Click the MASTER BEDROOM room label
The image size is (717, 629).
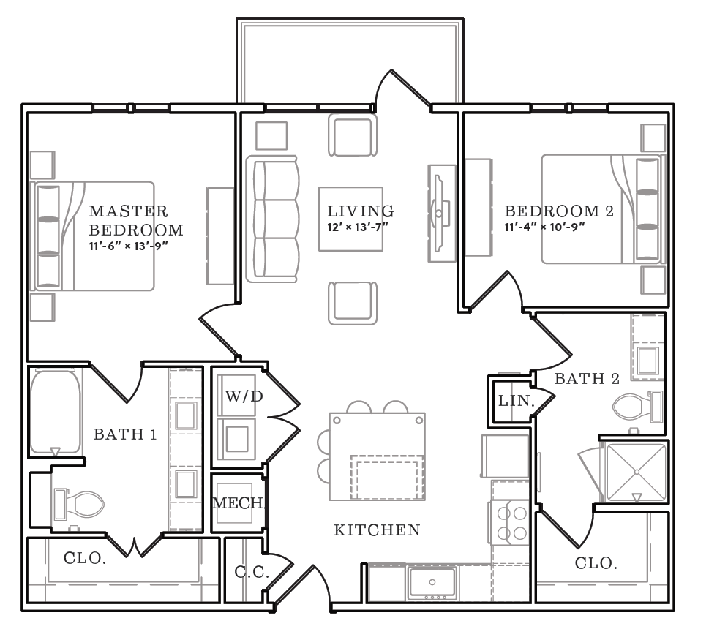[136, 220]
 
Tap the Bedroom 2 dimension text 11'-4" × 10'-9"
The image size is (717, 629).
[544, 227]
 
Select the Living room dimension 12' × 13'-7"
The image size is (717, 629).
[357, 227]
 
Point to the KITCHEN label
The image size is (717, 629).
[377, 530]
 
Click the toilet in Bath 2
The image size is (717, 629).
[638, 406]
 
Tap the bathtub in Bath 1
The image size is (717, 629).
[56, 413]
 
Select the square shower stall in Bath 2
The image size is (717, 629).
[636, 472]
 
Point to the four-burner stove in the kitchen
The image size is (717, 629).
[511, 523]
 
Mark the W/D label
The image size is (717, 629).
[244, 396]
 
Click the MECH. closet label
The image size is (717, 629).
[239, 503]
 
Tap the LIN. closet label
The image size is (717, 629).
[517, 401]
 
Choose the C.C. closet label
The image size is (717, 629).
[252, 572]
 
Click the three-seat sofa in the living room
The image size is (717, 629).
[272, 219]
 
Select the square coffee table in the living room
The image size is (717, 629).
[350, 219]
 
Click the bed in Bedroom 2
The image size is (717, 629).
[601, 209]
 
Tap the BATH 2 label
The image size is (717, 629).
[587, 379]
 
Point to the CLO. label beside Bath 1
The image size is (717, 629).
[85, 557]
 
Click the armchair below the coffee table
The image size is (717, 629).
[353, 303]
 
